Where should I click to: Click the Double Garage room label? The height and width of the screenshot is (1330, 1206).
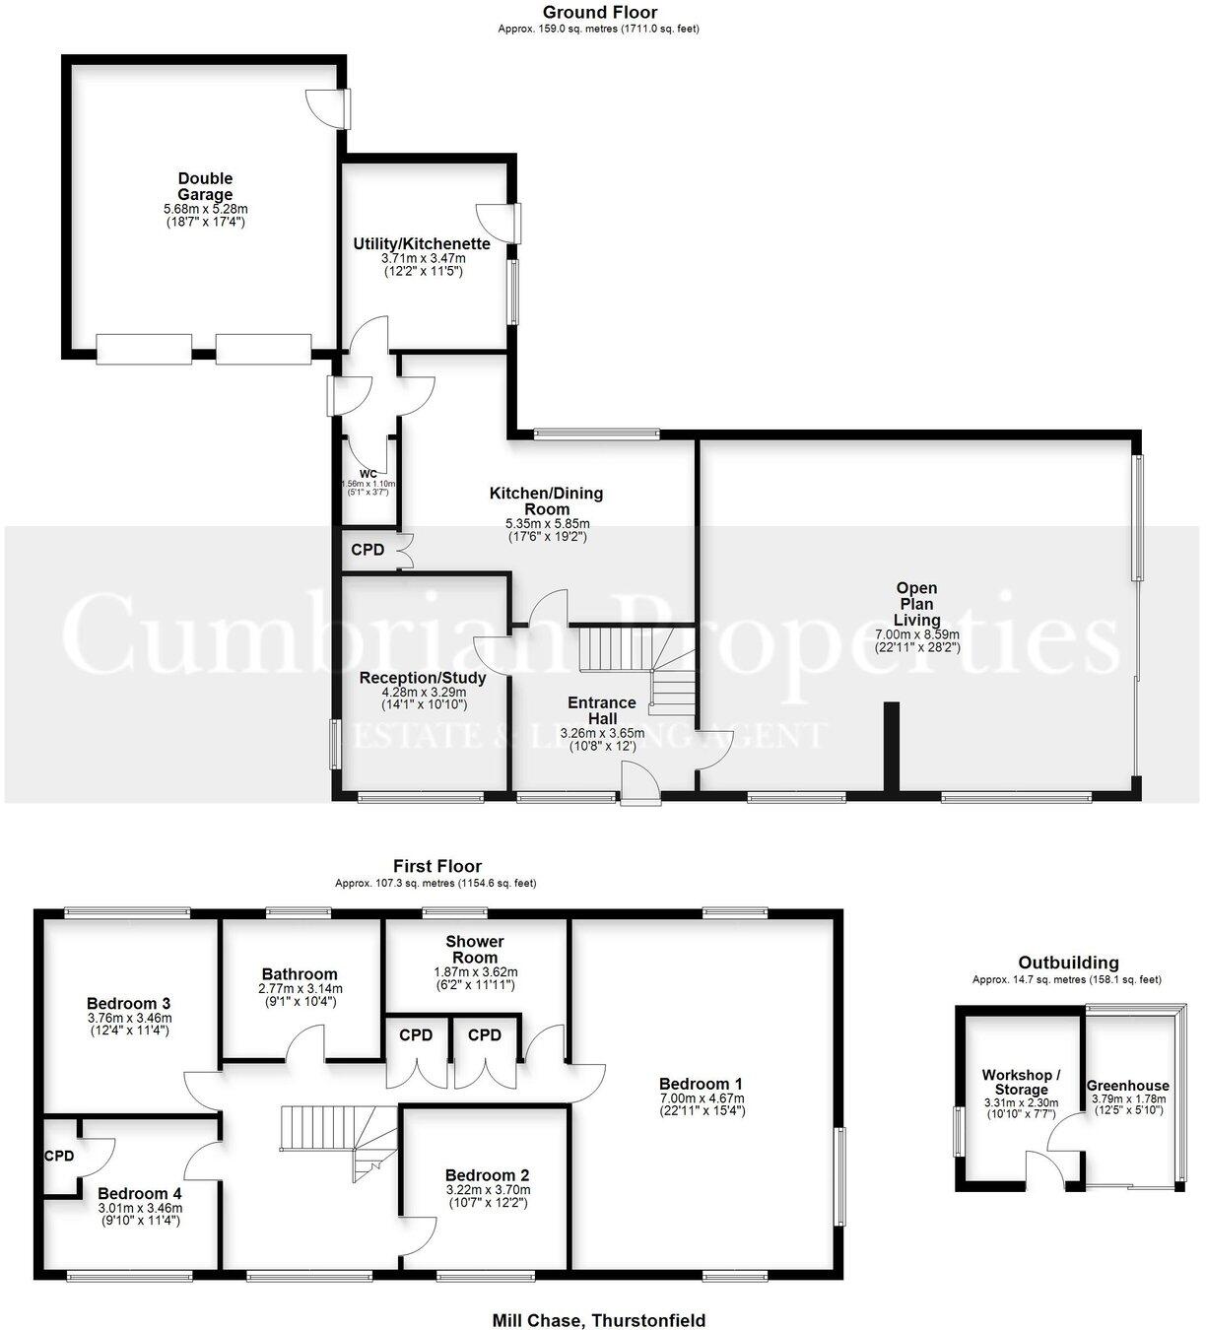(205, 186)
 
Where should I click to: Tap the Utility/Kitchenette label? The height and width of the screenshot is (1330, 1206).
(422, 244)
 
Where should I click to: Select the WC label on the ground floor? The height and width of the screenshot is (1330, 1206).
(368, 473)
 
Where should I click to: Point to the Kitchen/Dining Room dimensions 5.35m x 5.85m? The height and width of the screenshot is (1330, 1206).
(547, 524)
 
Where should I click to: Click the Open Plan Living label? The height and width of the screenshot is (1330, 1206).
(916, 604)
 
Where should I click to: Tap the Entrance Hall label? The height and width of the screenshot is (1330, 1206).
(601, 710)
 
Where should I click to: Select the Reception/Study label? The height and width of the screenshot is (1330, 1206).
(423, 678)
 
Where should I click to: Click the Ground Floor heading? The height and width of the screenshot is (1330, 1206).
(599, 13)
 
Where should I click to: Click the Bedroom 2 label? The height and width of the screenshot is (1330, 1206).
(487, 1174)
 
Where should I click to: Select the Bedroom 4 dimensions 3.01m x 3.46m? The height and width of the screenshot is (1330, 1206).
(140, 1208)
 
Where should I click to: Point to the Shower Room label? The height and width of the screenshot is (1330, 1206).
(474, 949)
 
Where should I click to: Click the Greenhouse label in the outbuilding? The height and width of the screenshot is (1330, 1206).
(1127, 1086)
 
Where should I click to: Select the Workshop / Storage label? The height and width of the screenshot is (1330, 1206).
(1021, 1082)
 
